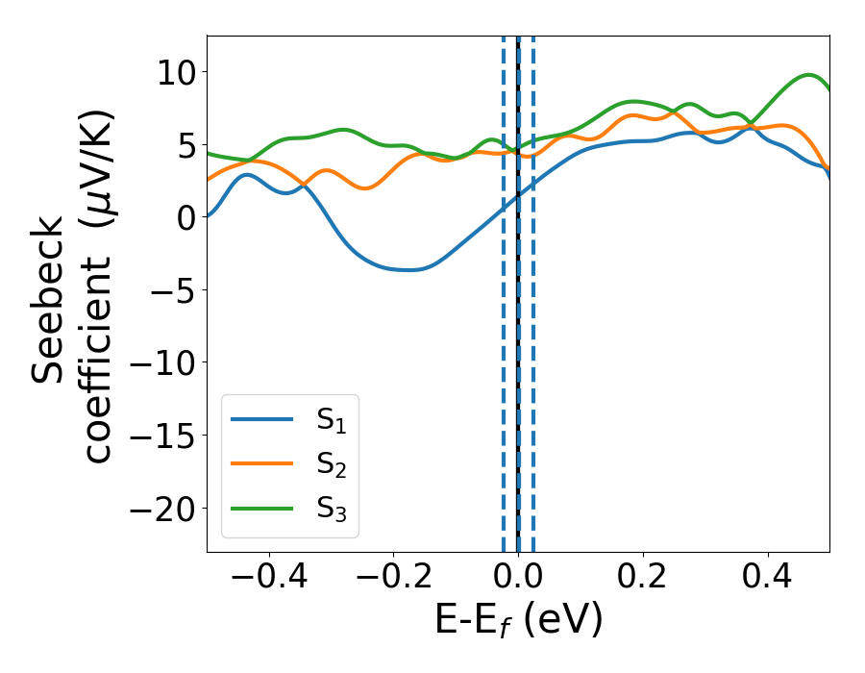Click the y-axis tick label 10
173,72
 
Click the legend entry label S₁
332,420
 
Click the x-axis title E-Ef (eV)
518,621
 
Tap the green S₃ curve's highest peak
810,75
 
